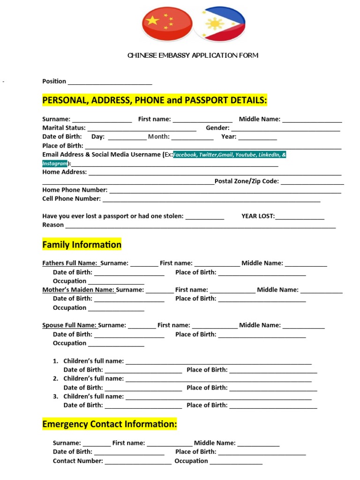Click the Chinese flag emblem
pyautogui.click(x=167, y=24)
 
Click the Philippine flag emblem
pyautogui.click(x=219, y=24)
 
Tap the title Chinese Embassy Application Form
pyautogui.click(x=193, y=55)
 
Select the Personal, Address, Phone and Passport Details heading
pyautogui.click(x=154, y=100)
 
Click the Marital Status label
pyautogui.click(x=64, y=127)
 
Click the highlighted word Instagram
pyautogui.click(x=55, y=164)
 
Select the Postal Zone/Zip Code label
pyautogui.click(x=247, y=181)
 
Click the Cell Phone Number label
pyautogui.click(x=71, y=199)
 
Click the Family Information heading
pyautogui.click(x=82, y=245)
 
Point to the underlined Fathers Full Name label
pyautogui.click(x=70, y=263)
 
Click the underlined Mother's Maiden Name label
pyautogui.click(x=78, y=290)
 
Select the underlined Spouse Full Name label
pyautogui.click(x=69, y=325)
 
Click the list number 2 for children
pyautogui.click(x=55, y=379)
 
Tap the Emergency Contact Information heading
pyautogui.click(x=110, y=424)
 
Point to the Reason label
pyautogui.click(x=53, y=225)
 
